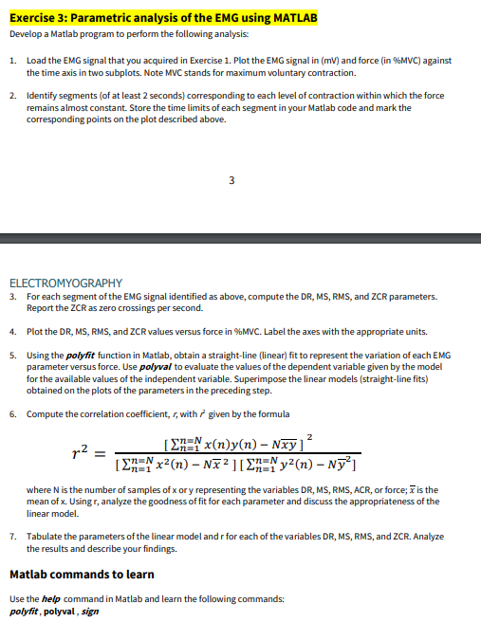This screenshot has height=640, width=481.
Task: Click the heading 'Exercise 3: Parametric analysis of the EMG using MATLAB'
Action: point(162,17)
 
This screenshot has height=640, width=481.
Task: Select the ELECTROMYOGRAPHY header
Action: point(65,283)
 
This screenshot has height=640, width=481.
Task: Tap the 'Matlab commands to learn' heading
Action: point(81,575)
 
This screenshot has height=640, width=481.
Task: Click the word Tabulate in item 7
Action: point(46,537)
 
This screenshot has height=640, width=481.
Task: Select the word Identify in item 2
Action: point(43,97)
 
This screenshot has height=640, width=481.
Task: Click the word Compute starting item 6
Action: point(46,413)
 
